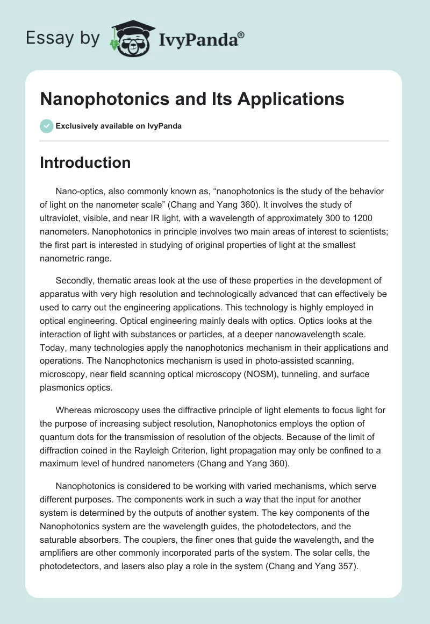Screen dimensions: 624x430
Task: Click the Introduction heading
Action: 85,162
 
